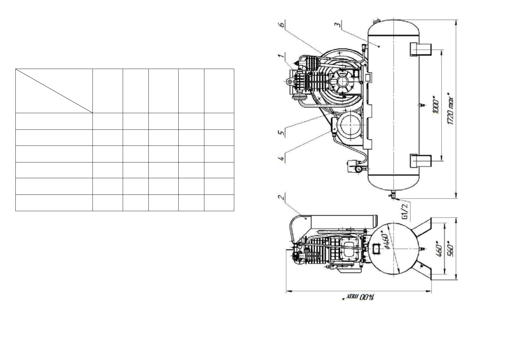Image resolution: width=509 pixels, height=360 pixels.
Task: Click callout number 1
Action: (x=281, y=55)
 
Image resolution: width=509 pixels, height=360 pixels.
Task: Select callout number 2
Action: (x=281, y=197)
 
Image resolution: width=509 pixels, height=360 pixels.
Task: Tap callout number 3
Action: (x=338, y=24)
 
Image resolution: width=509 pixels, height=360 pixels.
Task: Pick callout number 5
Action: (x=281, y=133)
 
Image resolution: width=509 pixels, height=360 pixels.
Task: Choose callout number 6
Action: (x=281, y=24)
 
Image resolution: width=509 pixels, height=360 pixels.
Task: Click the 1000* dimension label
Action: (x=436, y=105)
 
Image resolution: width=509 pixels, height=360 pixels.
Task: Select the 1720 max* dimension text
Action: (x=450, y=108)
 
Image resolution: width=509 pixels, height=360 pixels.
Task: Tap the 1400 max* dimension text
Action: (x=359, y=297)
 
